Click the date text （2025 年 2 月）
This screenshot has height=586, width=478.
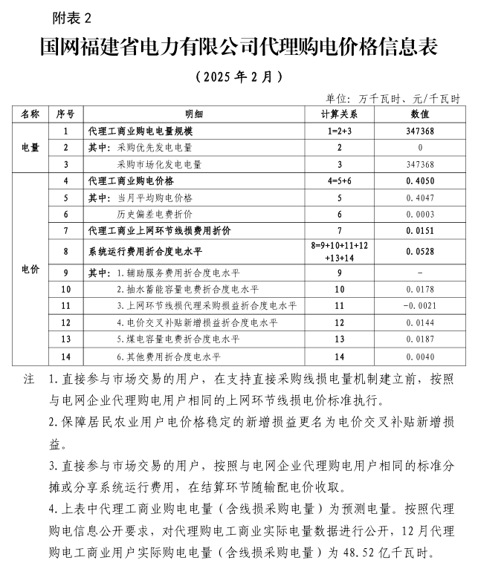(239, 76)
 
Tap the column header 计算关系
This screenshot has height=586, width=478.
(339, 114)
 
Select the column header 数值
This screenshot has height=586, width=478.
(420, 114)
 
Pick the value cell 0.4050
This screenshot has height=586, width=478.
(420, 180)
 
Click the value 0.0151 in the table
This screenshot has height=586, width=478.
(420, 231)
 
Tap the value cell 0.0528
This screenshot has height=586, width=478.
(420, 251)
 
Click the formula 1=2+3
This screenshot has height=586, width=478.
(339, 131)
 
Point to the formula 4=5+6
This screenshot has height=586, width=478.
(339, 180)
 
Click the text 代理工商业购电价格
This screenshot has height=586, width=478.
(130, 180)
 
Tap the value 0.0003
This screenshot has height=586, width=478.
(420, 214)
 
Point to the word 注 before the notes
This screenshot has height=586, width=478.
(29, 380)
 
